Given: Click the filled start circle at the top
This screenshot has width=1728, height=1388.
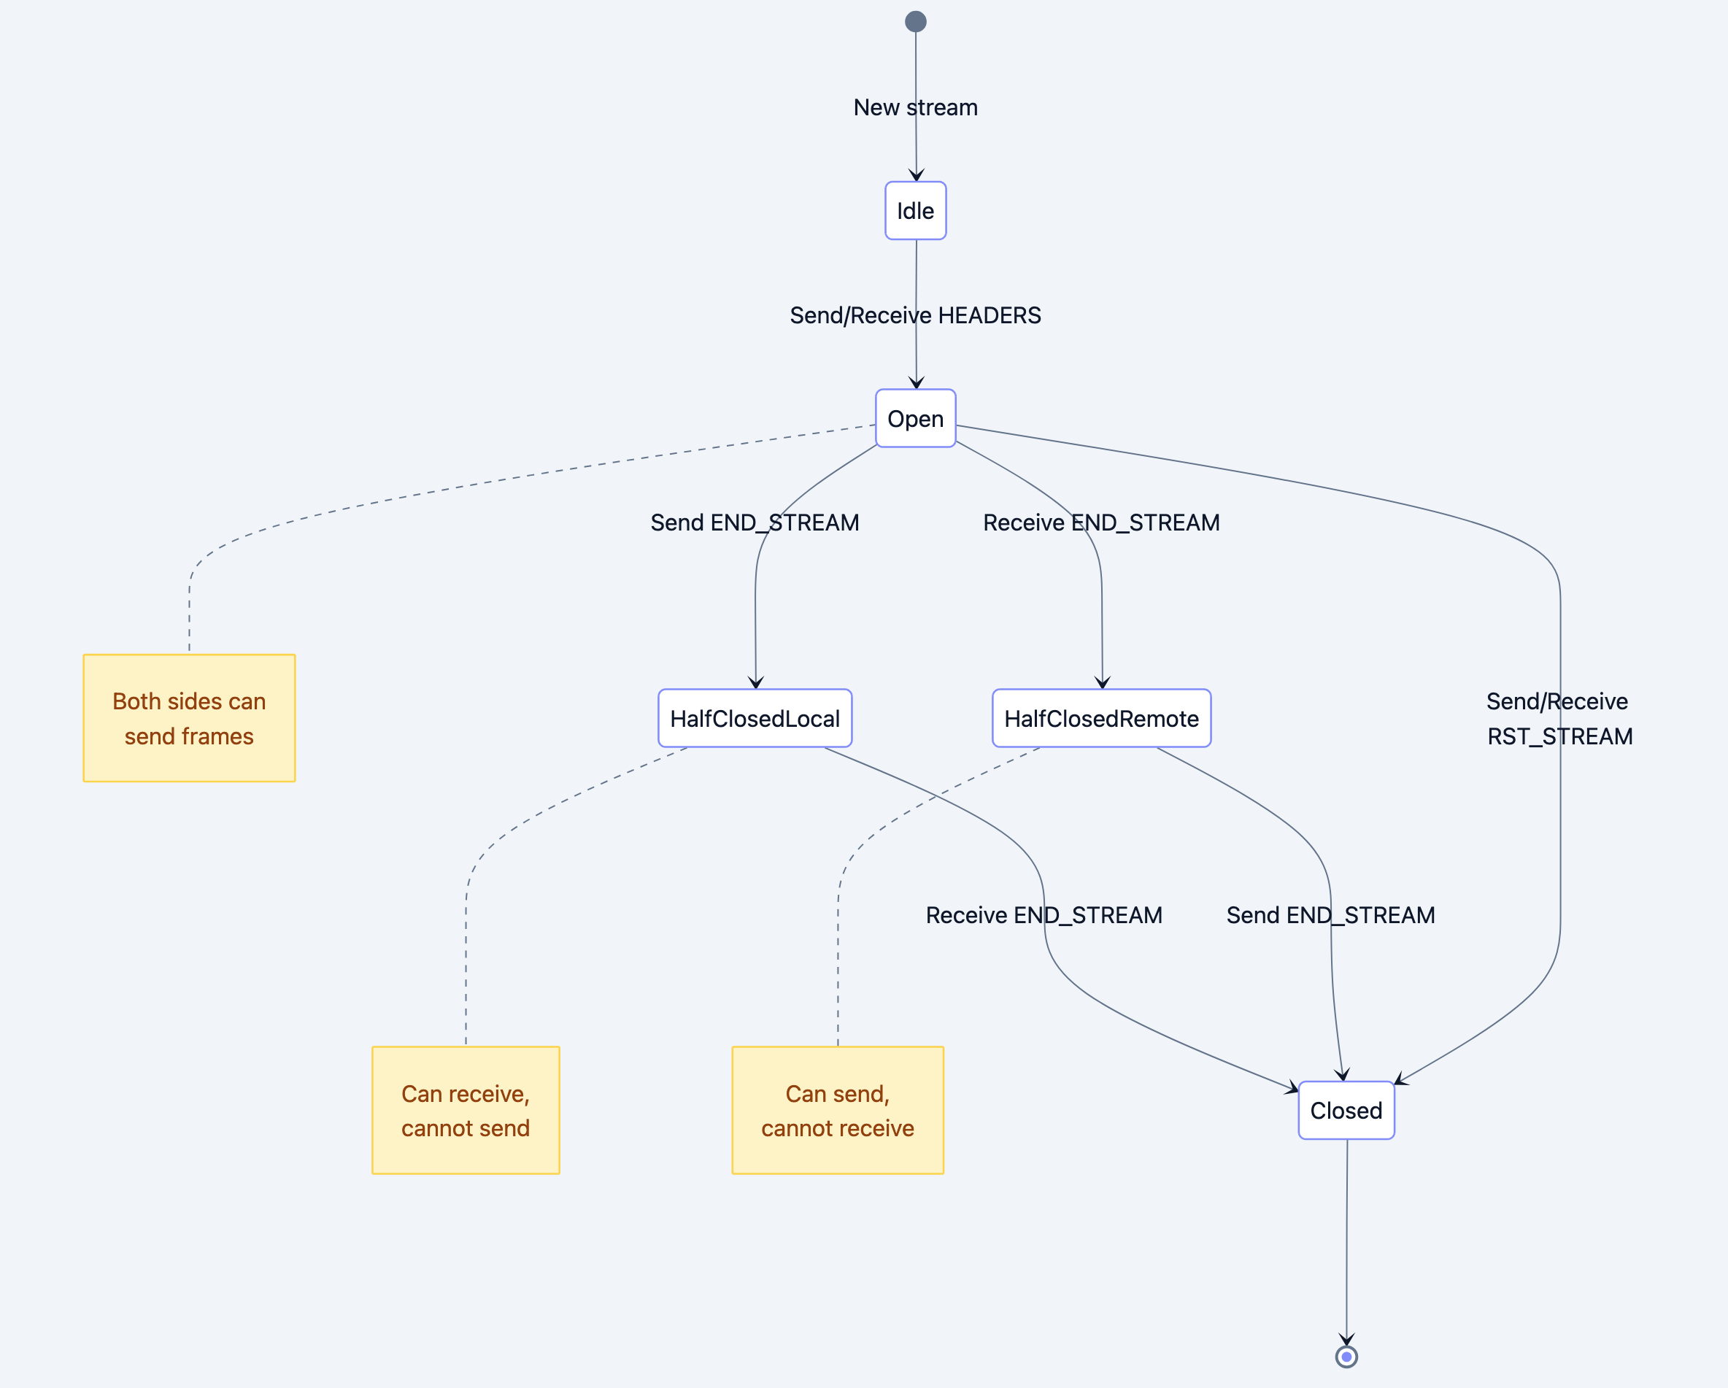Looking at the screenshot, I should (x=915, y=22).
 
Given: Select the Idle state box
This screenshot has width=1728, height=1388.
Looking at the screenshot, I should (x=915, y=211).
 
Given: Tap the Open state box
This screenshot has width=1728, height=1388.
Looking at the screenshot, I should (x=915, y=418).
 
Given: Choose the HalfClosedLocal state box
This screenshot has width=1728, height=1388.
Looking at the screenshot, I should (x=755, y=718).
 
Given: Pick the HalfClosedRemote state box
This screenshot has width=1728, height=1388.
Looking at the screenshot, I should (x=1101, y=718).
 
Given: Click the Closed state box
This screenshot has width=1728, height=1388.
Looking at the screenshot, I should (x=1346, y=1110).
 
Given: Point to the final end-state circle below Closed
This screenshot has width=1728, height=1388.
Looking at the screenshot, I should (x=1346, y=1357).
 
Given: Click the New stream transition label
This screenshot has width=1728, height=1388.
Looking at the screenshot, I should (x=915, y=107).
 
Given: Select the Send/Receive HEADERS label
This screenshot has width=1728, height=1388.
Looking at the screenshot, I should (x=915, y=315).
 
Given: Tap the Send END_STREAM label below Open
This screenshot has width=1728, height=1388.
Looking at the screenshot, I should (x=755, y=523).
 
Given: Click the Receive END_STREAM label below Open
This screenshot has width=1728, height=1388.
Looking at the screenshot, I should (x=1101, y=523).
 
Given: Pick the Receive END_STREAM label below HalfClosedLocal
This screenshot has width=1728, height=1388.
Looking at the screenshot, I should (x=1044, y=915).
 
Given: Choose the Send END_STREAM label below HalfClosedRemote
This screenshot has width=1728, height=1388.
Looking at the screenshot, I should (x=1330, y=915).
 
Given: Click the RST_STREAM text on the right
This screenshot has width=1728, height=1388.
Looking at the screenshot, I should (x=1559, y=736).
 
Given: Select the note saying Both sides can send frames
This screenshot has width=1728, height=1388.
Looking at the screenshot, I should (x=189, y=718).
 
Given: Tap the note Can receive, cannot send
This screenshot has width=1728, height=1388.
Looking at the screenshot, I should (x=466, y=1110).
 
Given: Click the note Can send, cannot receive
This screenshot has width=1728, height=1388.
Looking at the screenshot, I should (x=838, y=1110).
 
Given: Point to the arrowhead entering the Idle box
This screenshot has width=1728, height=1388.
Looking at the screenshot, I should (x=917, y=175).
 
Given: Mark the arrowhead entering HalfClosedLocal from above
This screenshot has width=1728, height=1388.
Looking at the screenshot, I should (x=756, y=683).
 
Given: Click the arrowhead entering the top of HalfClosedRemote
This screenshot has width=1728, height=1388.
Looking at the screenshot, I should (x=1103, y=683).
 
